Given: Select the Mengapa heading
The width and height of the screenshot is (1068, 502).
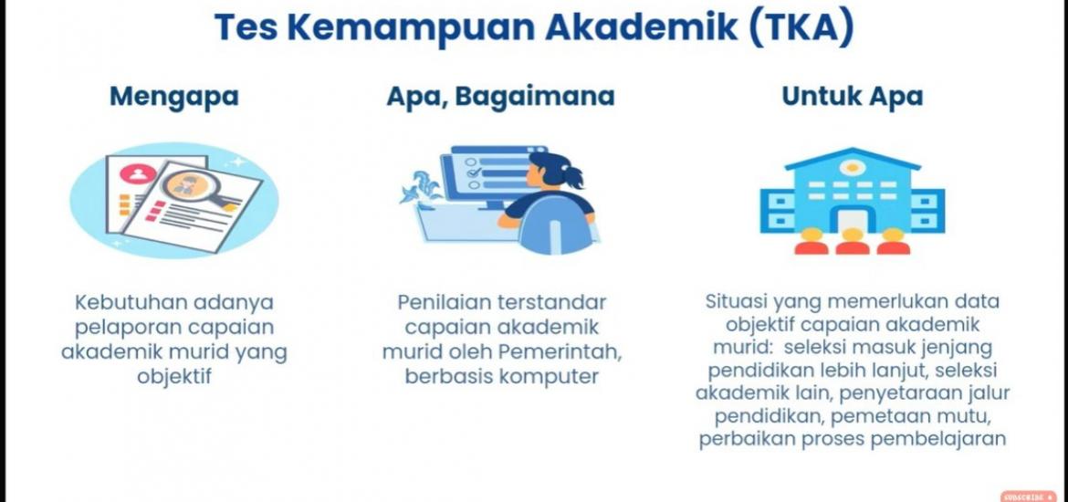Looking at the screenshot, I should [174, 97].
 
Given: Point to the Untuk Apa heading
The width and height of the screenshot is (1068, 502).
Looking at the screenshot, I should [852, 97].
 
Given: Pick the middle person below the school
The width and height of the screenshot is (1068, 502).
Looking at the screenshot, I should [852, 241].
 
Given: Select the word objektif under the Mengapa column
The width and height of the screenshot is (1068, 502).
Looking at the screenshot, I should [174, 375].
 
